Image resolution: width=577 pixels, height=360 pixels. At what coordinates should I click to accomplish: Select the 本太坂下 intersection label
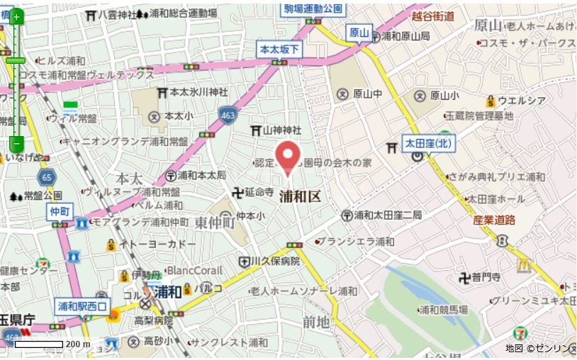pos(280,49)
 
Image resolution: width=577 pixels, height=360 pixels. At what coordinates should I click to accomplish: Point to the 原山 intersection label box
pos(359,32)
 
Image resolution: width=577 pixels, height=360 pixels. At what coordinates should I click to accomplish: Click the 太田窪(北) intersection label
pos(428,142)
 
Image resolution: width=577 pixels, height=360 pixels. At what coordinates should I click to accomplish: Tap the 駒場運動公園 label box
pos(313,9)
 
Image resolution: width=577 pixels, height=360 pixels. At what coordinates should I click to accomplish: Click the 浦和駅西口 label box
pos(83,307)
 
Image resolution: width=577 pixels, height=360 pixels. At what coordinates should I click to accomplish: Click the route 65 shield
pos(47,177)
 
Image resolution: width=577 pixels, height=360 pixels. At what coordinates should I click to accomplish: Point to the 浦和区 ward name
pos(300,196)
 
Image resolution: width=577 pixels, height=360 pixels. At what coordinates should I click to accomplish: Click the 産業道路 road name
pos(493,220)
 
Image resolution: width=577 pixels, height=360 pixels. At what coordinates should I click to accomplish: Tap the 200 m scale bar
pos(40,344)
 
